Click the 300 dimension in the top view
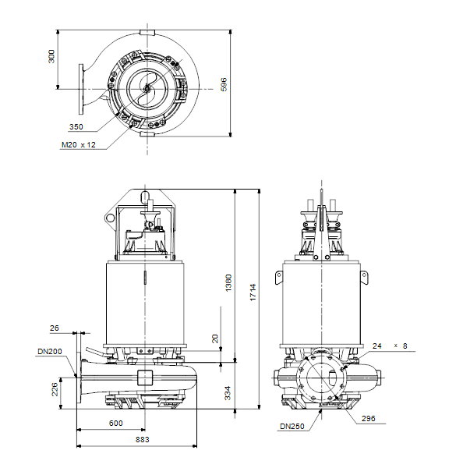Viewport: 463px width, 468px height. [x=51, y=56]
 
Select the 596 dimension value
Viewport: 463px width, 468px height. [x=224, y=84]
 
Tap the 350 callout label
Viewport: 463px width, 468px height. [x=76, y=127]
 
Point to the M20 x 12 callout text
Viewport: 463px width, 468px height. [x=79, y=145]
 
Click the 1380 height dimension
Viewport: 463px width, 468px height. [x=228, y=282]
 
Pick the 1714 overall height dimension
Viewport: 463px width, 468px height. [x=253, y=292]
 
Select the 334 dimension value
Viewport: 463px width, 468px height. [x=228, y=393]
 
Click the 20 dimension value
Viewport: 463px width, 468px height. [x=215, y=339]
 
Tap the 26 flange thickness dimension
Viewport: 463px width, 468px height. [x=55, y=328]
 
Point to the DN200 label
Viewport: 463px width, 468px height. [x=50, y=352]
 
